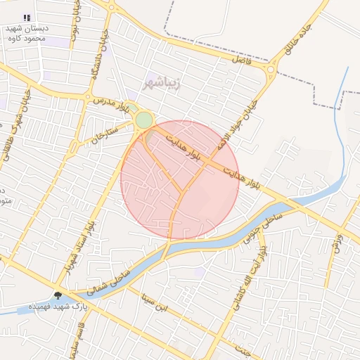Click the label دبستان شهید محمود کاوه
click(27, 33)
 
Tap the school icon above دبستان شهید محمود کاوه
click(27, 18)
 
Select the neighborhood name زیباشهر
click(162, 82)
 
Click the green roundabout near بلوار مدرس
click(143, 120)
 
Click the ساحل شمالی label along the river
click(116, 281)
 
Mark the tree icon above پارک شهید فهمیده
click(58, 296)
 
